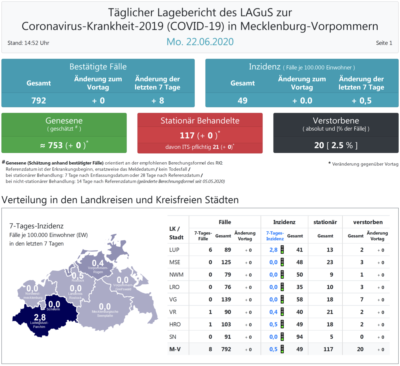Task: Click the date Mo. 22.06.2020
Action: (x=200, y=42)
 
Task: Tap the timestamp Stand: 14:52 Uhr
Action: (x=28, y=43)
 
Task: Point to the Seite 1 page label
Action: (x=384, y=43)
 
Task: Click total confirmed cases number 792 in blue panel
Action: (x=38, y=101)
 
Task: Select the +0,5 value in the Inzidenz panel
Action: (x=361, y=101)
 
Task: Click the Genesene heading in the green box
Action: (x=64, y=120)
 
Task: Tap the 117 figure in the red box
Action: (x=187, y=135)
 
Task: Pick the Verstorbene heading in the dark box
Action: (x=336, y=120)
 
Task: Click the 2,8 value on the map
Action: (x=40, y=317)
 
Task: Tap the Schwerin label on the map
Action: (x=53, y=309)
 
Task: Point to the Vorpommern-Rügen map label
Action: (x=98, y=270)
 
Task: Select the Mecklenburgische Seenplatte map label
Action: (x=105, y=314)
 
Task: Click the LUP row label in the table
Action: (x=174, y=250)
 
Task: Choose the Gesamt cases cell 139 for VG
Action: (x=226, y=300)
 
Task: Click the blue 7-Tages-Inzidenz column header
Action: (x=275, y=236)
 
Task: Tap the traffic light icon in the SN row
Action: (x=282, y=337)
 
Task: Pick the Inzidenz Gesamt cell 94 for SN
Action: (x=299, y=337)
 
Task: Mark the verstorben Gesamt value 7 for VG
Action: (x=362, y=300)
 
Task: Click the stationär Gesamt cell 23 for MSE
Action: (x=330, y=262)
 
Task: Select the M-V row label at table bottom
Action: (x=175, y=349)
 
